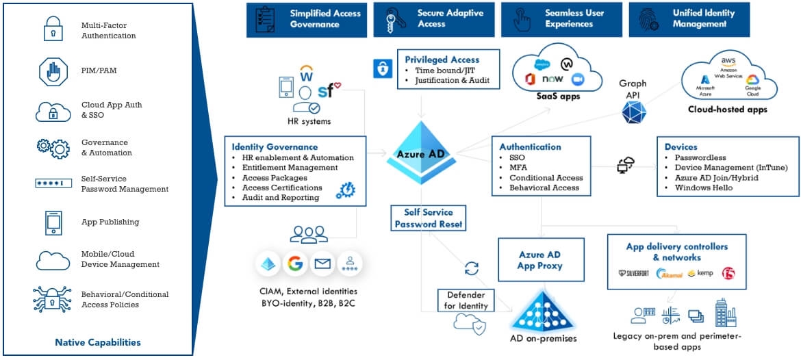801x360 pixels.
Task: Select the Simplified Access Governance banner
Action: (304, 19)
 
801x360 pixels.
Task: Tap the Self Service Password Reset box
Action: (429, 218)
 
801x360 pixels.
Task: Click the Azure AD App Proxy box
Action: (541, 260)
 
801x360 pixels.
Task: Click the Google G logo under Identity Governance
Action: (295, 263)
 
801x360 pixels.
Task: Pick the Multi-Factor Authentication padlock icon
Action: (53, 31)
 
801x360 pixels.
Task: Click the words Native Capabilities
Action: (98, 342)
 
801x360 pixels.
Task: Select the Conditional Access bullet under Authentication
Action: (546, 178)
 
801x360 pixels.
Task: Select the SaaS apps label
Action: (558, 97)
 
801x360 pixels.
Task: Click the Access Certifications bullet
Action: (282, 188)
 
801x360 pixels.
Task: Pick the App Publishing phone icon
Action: (53, 222)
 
